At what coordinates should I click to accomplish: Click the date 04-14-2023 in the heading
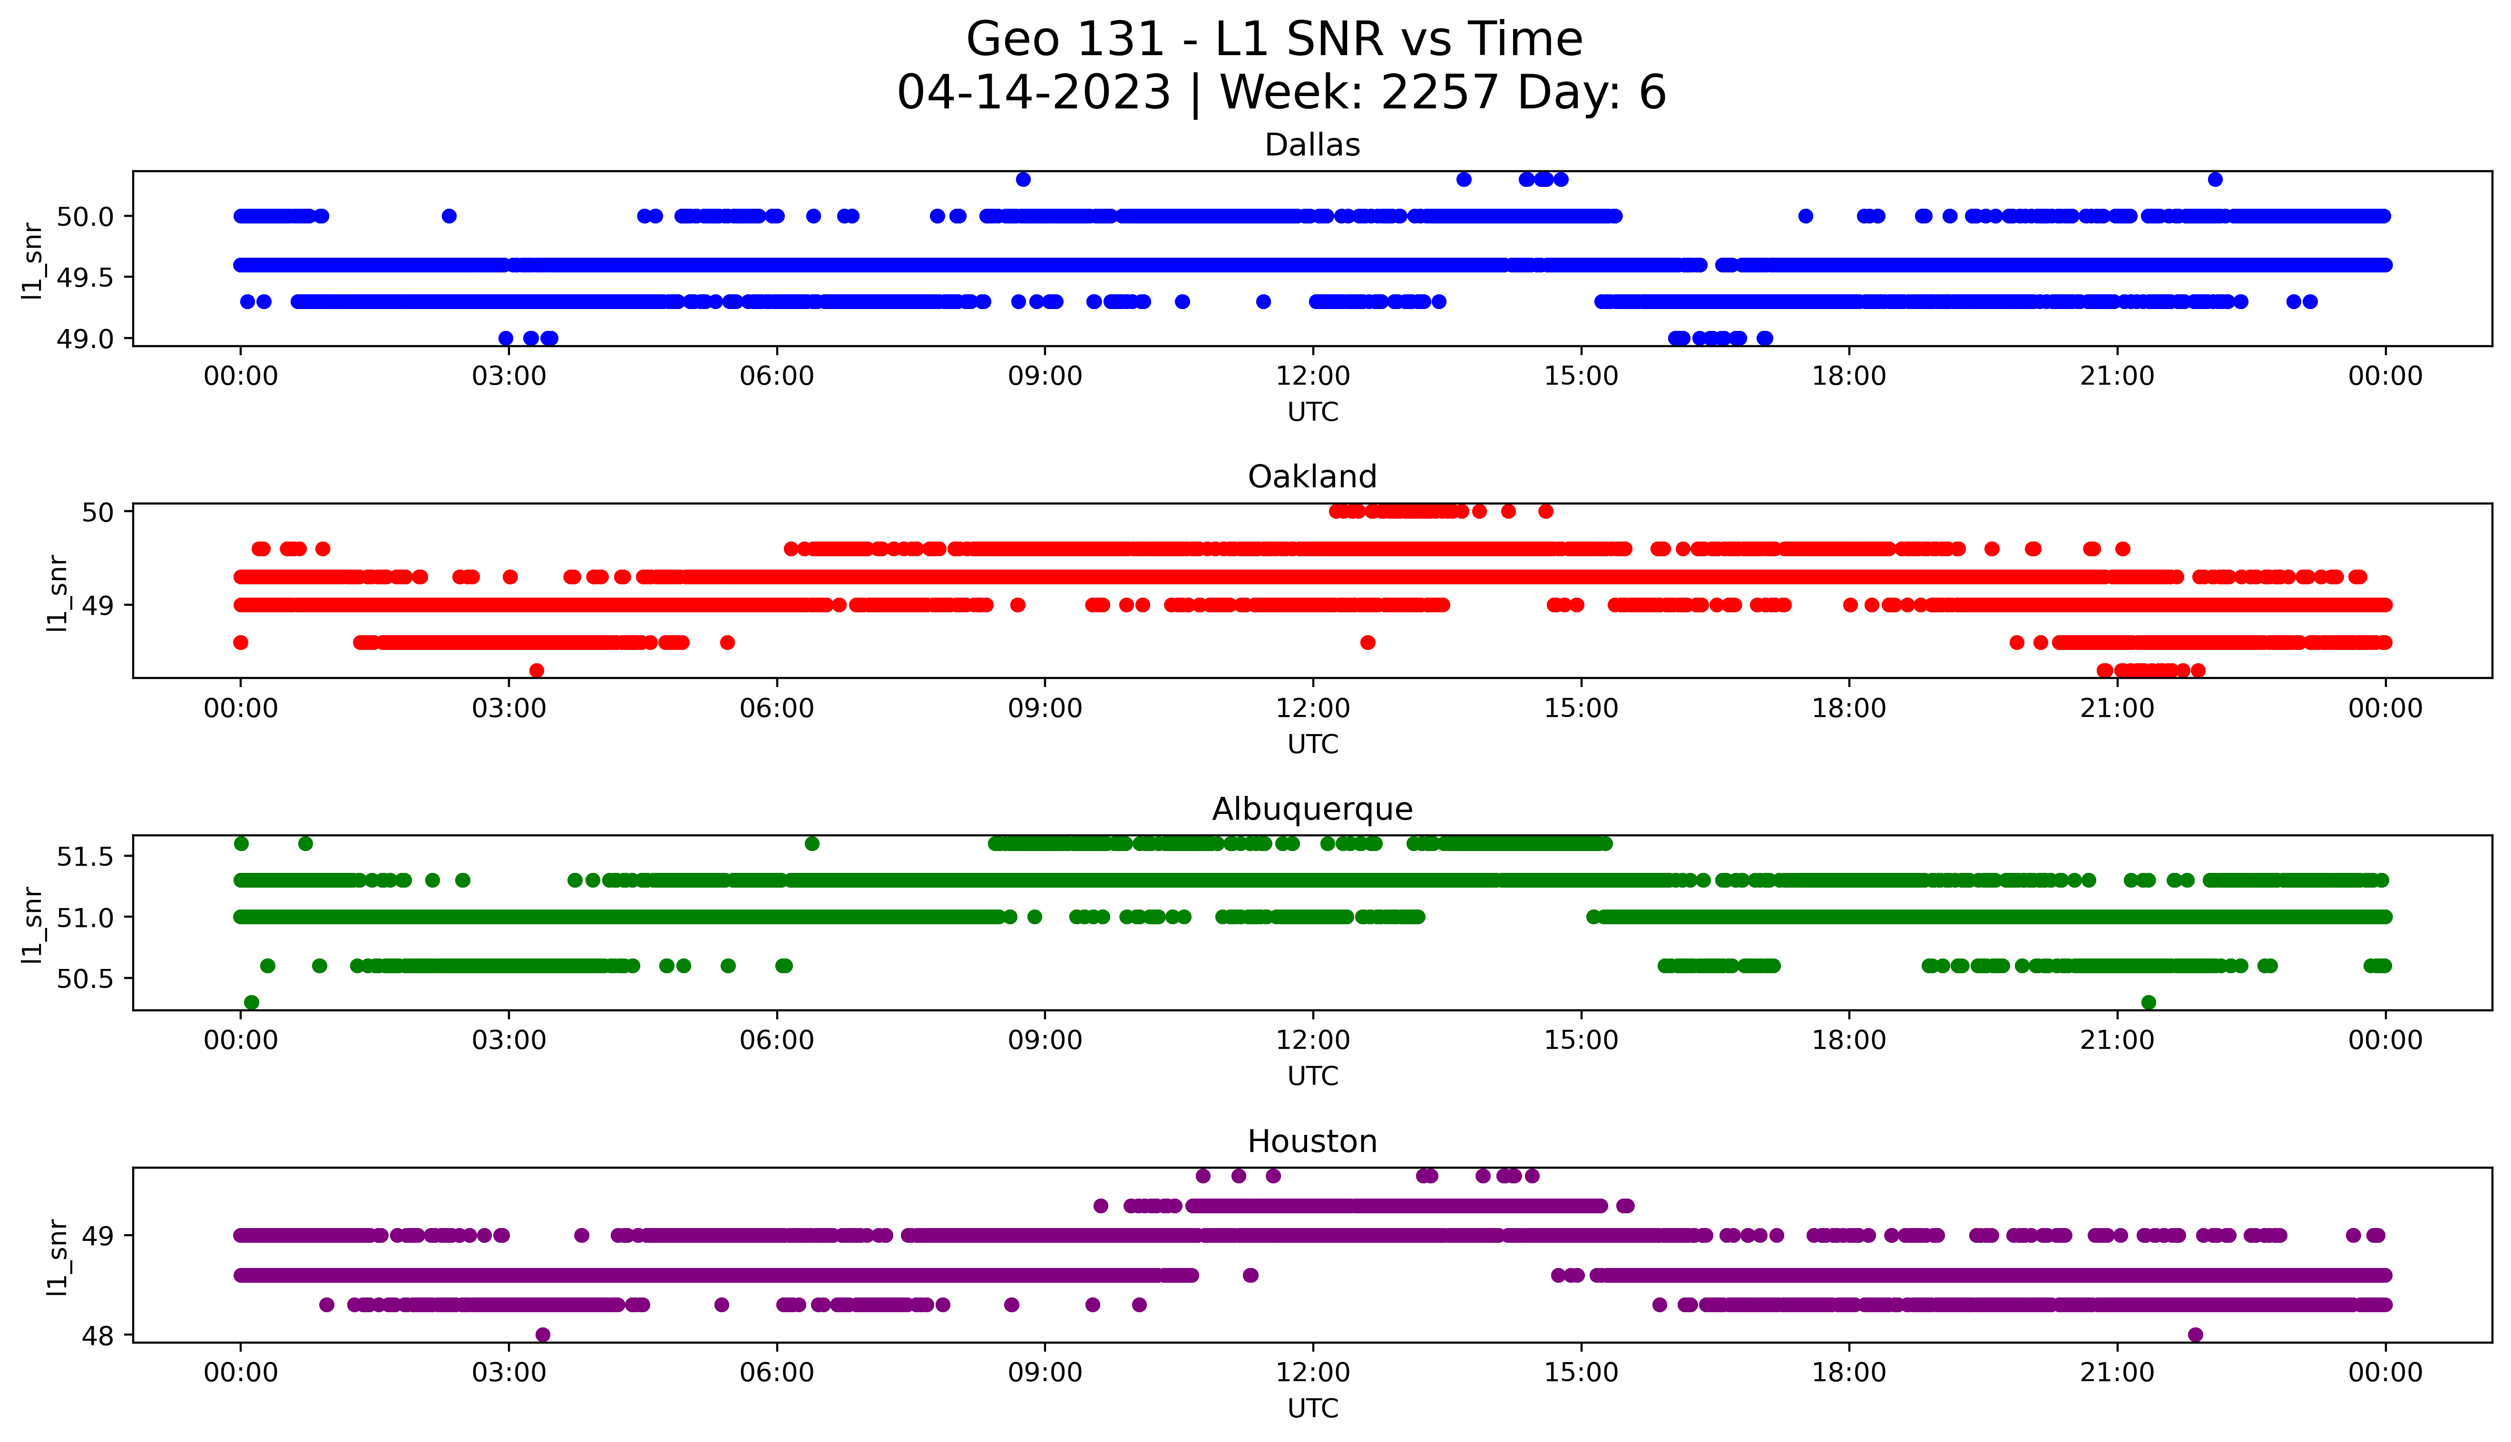1033,93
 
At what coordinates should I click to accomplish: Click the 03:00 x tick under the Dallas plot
509,377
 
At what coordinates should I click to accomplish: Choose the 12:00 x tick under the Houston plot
1312,1373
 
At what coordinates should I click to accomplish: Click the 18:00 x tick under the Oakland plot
1848,708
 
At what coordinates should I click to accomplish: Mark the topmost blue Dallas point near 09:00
1023,179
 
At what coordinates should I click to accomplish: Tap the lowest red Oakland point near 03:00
537,670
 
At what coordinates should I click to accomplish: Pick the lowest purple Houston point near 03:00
543,1335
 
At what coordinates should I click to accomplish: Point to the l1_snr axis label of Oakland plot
58,592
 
